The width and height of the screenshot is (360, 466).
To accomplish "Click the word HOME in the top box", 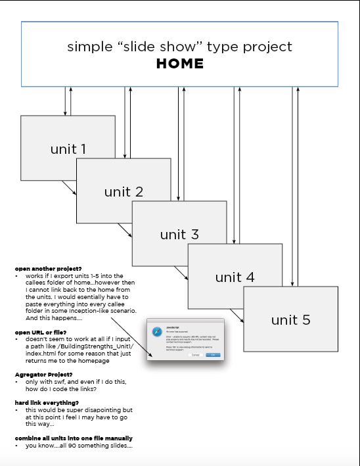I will tap(179, 64).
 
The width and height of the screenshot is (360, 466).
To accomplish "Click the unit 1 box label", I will tap(68, 149).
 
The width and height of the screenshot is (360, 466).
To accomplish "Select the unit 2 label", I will tap(124, 192).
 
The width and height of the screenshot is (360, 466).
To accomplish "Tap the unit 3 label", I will tap(179, 235).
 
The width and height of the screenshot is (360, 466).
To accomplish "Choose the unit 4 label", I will tap(235, 277).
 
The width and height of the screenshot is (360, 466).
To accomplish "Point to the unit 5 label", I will tap(290, 320).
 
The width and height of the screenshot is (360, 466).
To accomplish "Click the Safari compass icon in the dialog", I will tap(157, 331).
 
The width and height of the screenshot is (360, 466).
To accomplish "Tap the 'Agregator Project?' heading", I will tap(43, 374).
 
